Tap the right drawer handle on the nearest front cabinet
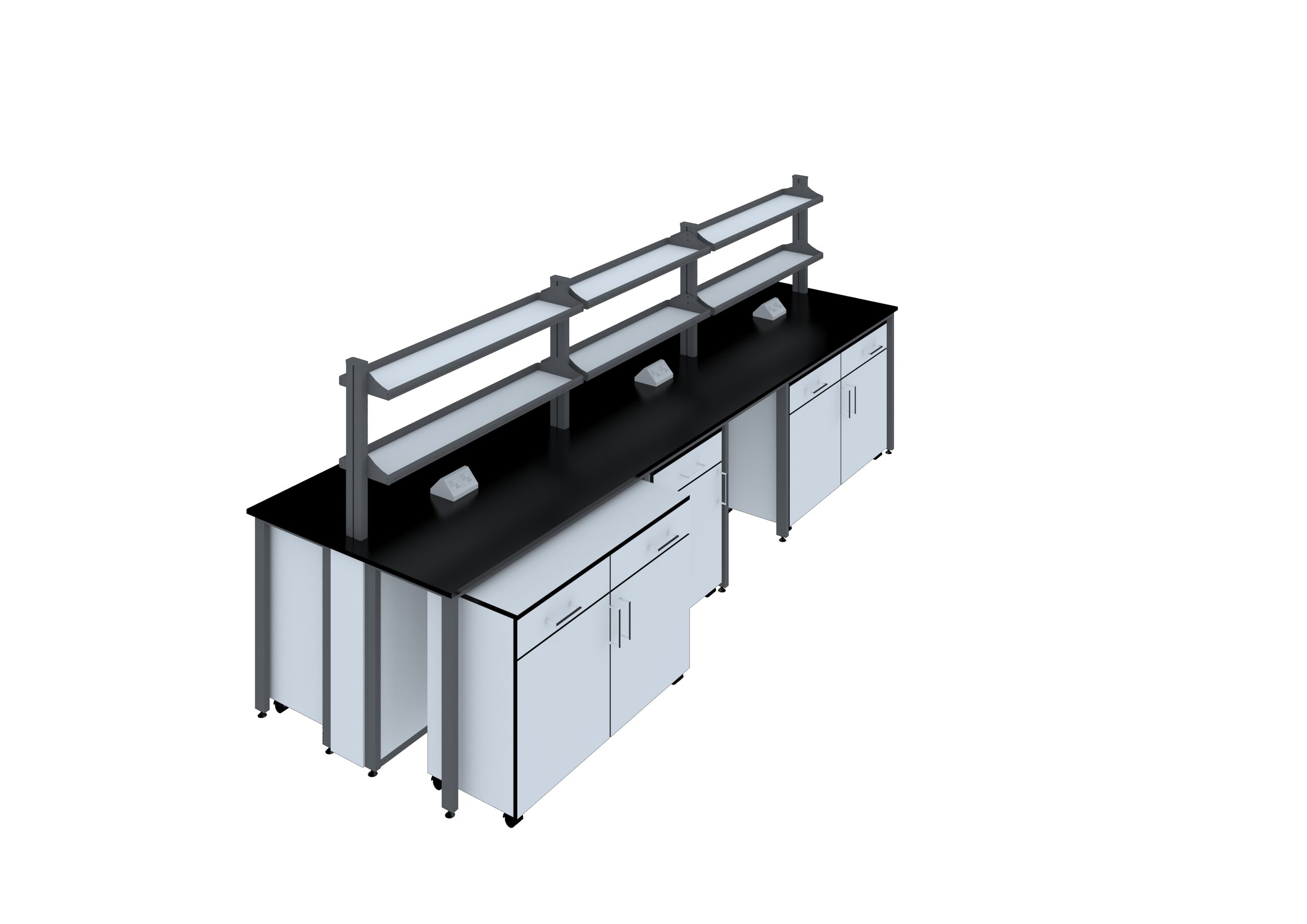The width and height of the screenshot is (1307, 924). (x=668, y=543)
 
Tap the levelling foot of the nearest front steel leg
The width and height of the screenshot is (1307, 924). (x=450, y=815)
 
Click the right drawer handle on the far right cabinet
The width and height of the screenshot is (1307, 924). (x=876, y=350)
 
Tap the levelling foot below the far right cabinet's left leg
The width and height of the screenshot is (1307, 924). (x=783, y=539)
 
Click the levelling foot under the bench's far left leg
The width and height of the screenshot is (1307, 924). (x=262, y=715)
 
